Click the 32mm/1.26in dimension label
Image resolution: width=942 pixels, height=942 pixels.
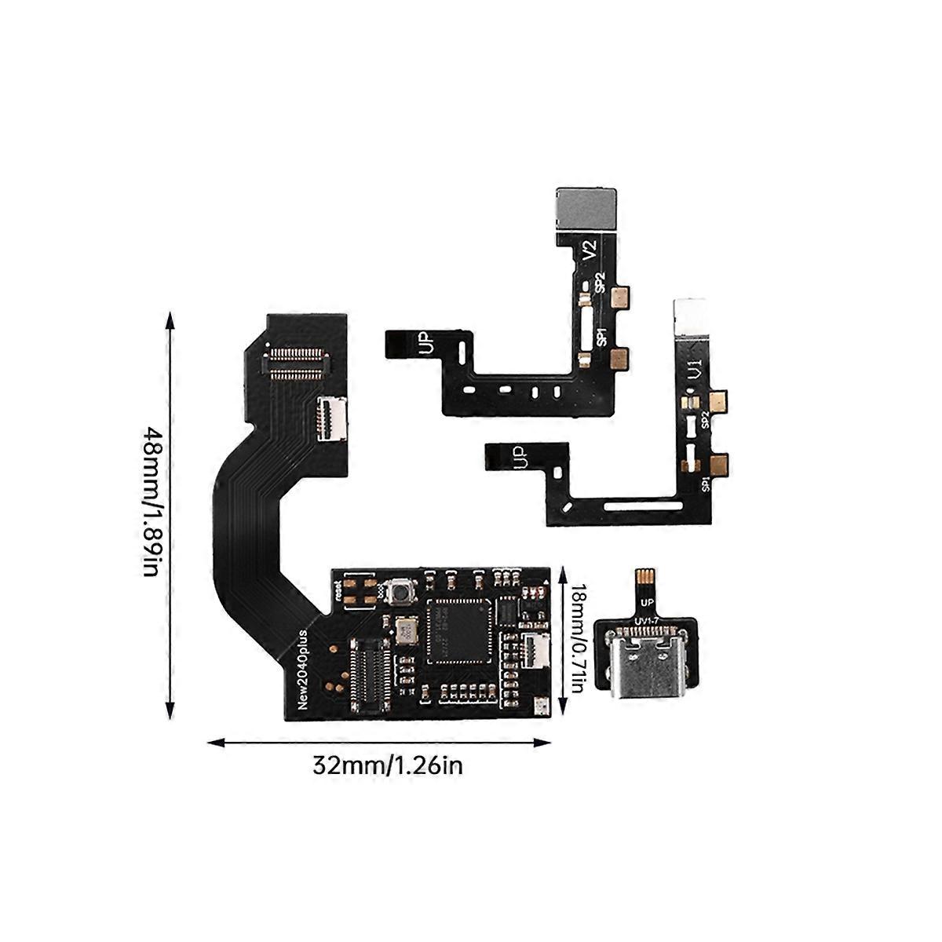(x=387, y=765)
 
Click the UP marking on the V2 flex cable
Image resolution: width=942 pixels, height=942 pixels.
(x=425, y=344)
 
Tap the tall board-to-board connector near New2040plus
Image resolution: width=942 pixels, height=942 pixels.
(x=368, y=672)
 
